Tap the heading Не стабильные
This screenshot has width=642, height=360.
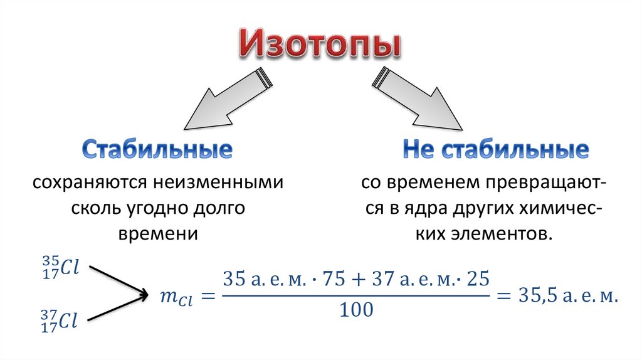[495, 151]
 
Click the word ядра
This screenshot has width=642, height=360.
[420, 208]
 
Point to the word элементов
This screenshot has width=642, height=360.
[502, 233]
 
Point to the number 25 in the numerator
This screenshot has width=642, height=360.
[478, 279]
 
